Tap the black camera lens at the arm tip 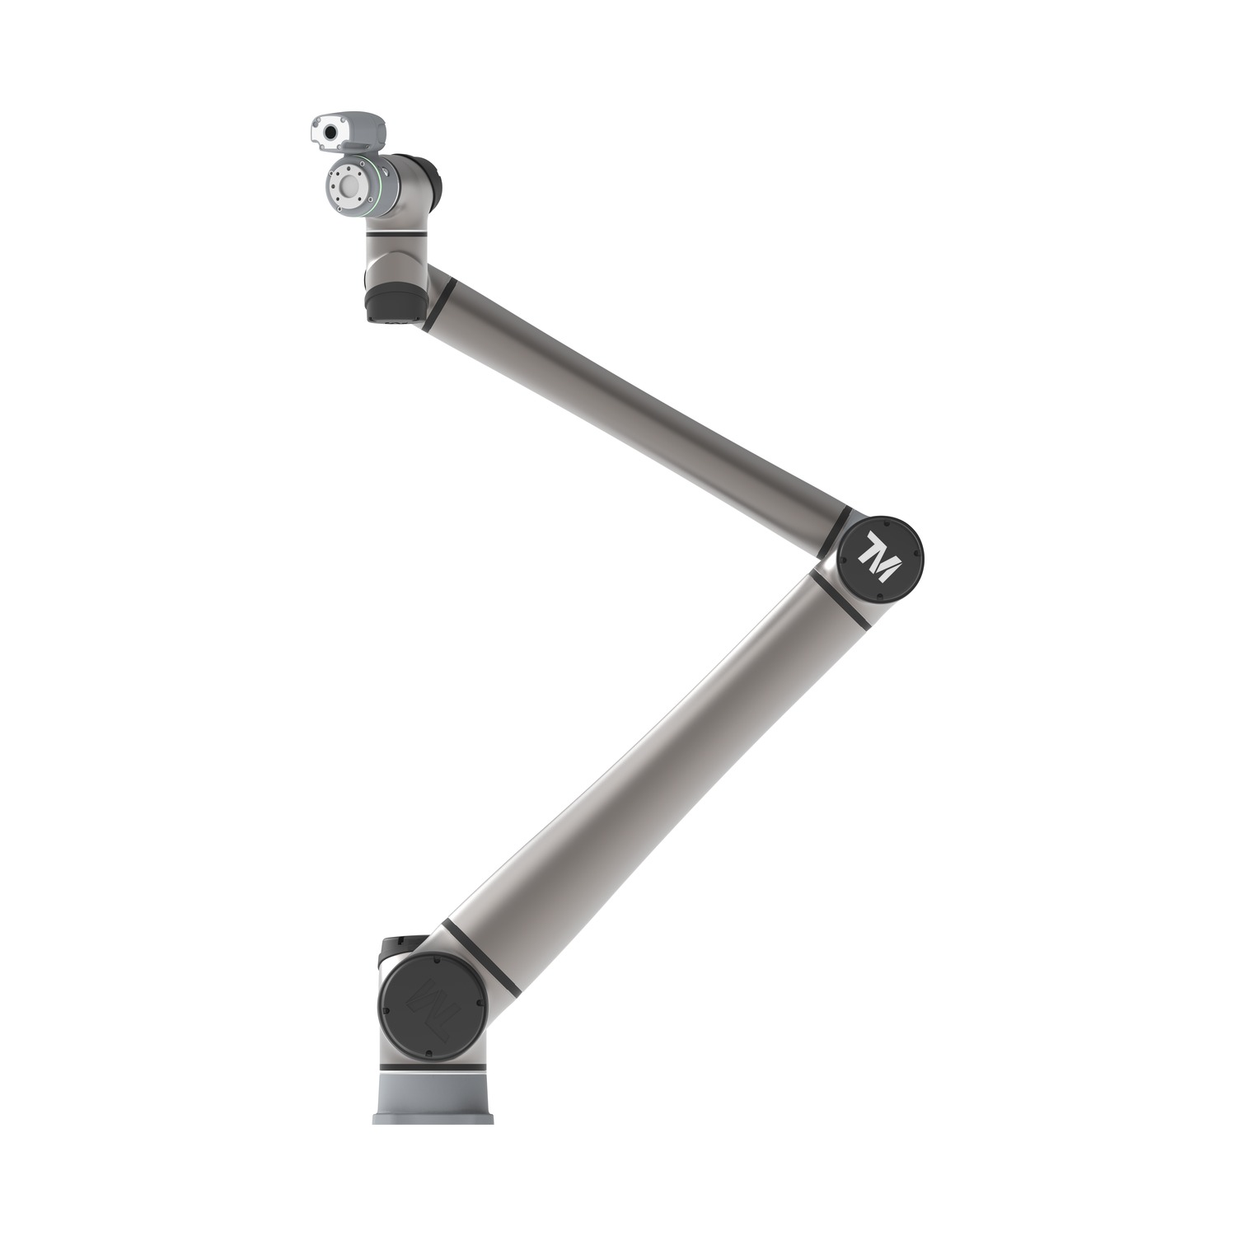pos(330,132)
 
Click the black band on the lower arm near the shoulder pos(481,956)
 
